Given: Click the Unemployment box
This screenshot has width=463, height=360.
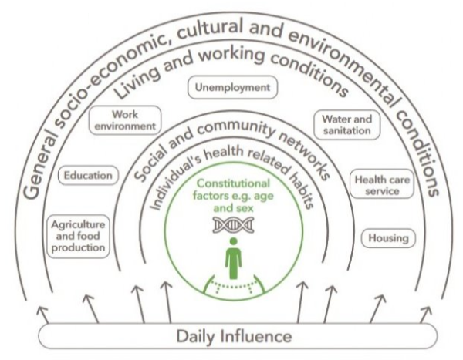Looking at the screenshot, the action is (x=233, y=87).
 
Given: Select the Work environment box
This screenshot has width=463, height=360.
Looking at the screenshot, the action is (x=125, y=120).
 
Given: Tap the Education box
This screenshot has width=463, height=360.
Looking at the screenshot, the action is (x=88, y=175).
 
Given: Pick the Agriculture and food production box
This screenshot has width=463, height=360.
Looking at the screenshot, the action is (x=78, y=237).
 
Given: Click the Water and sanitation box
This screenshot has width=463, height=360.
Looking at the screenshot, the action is (x=346, y=125).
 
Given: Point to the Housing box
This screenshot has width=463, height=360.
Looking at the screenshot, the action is (x=388, y=238).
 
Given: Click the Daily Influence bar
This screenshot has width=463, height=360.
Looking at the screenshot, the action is (x=238, y=336).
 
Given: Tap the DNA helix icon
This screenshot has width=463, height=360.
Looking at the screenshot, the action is (x=233, y=225).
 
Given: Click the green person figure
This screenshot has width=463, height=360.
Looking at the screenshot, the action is (x=233, y=258).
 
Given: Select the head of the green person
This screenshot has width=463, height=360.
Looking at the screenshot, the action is (x=233, y=242).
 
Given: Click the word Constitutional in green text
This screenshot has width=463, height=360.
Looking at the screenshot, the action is (x=233, y=183).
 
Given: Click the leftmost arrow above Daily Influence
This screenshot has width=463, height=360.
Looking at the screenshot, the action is (x=42, y=315).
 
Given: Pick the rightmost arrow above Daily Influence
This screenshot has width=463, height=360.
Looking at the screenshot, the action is (x=425, y=315).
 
